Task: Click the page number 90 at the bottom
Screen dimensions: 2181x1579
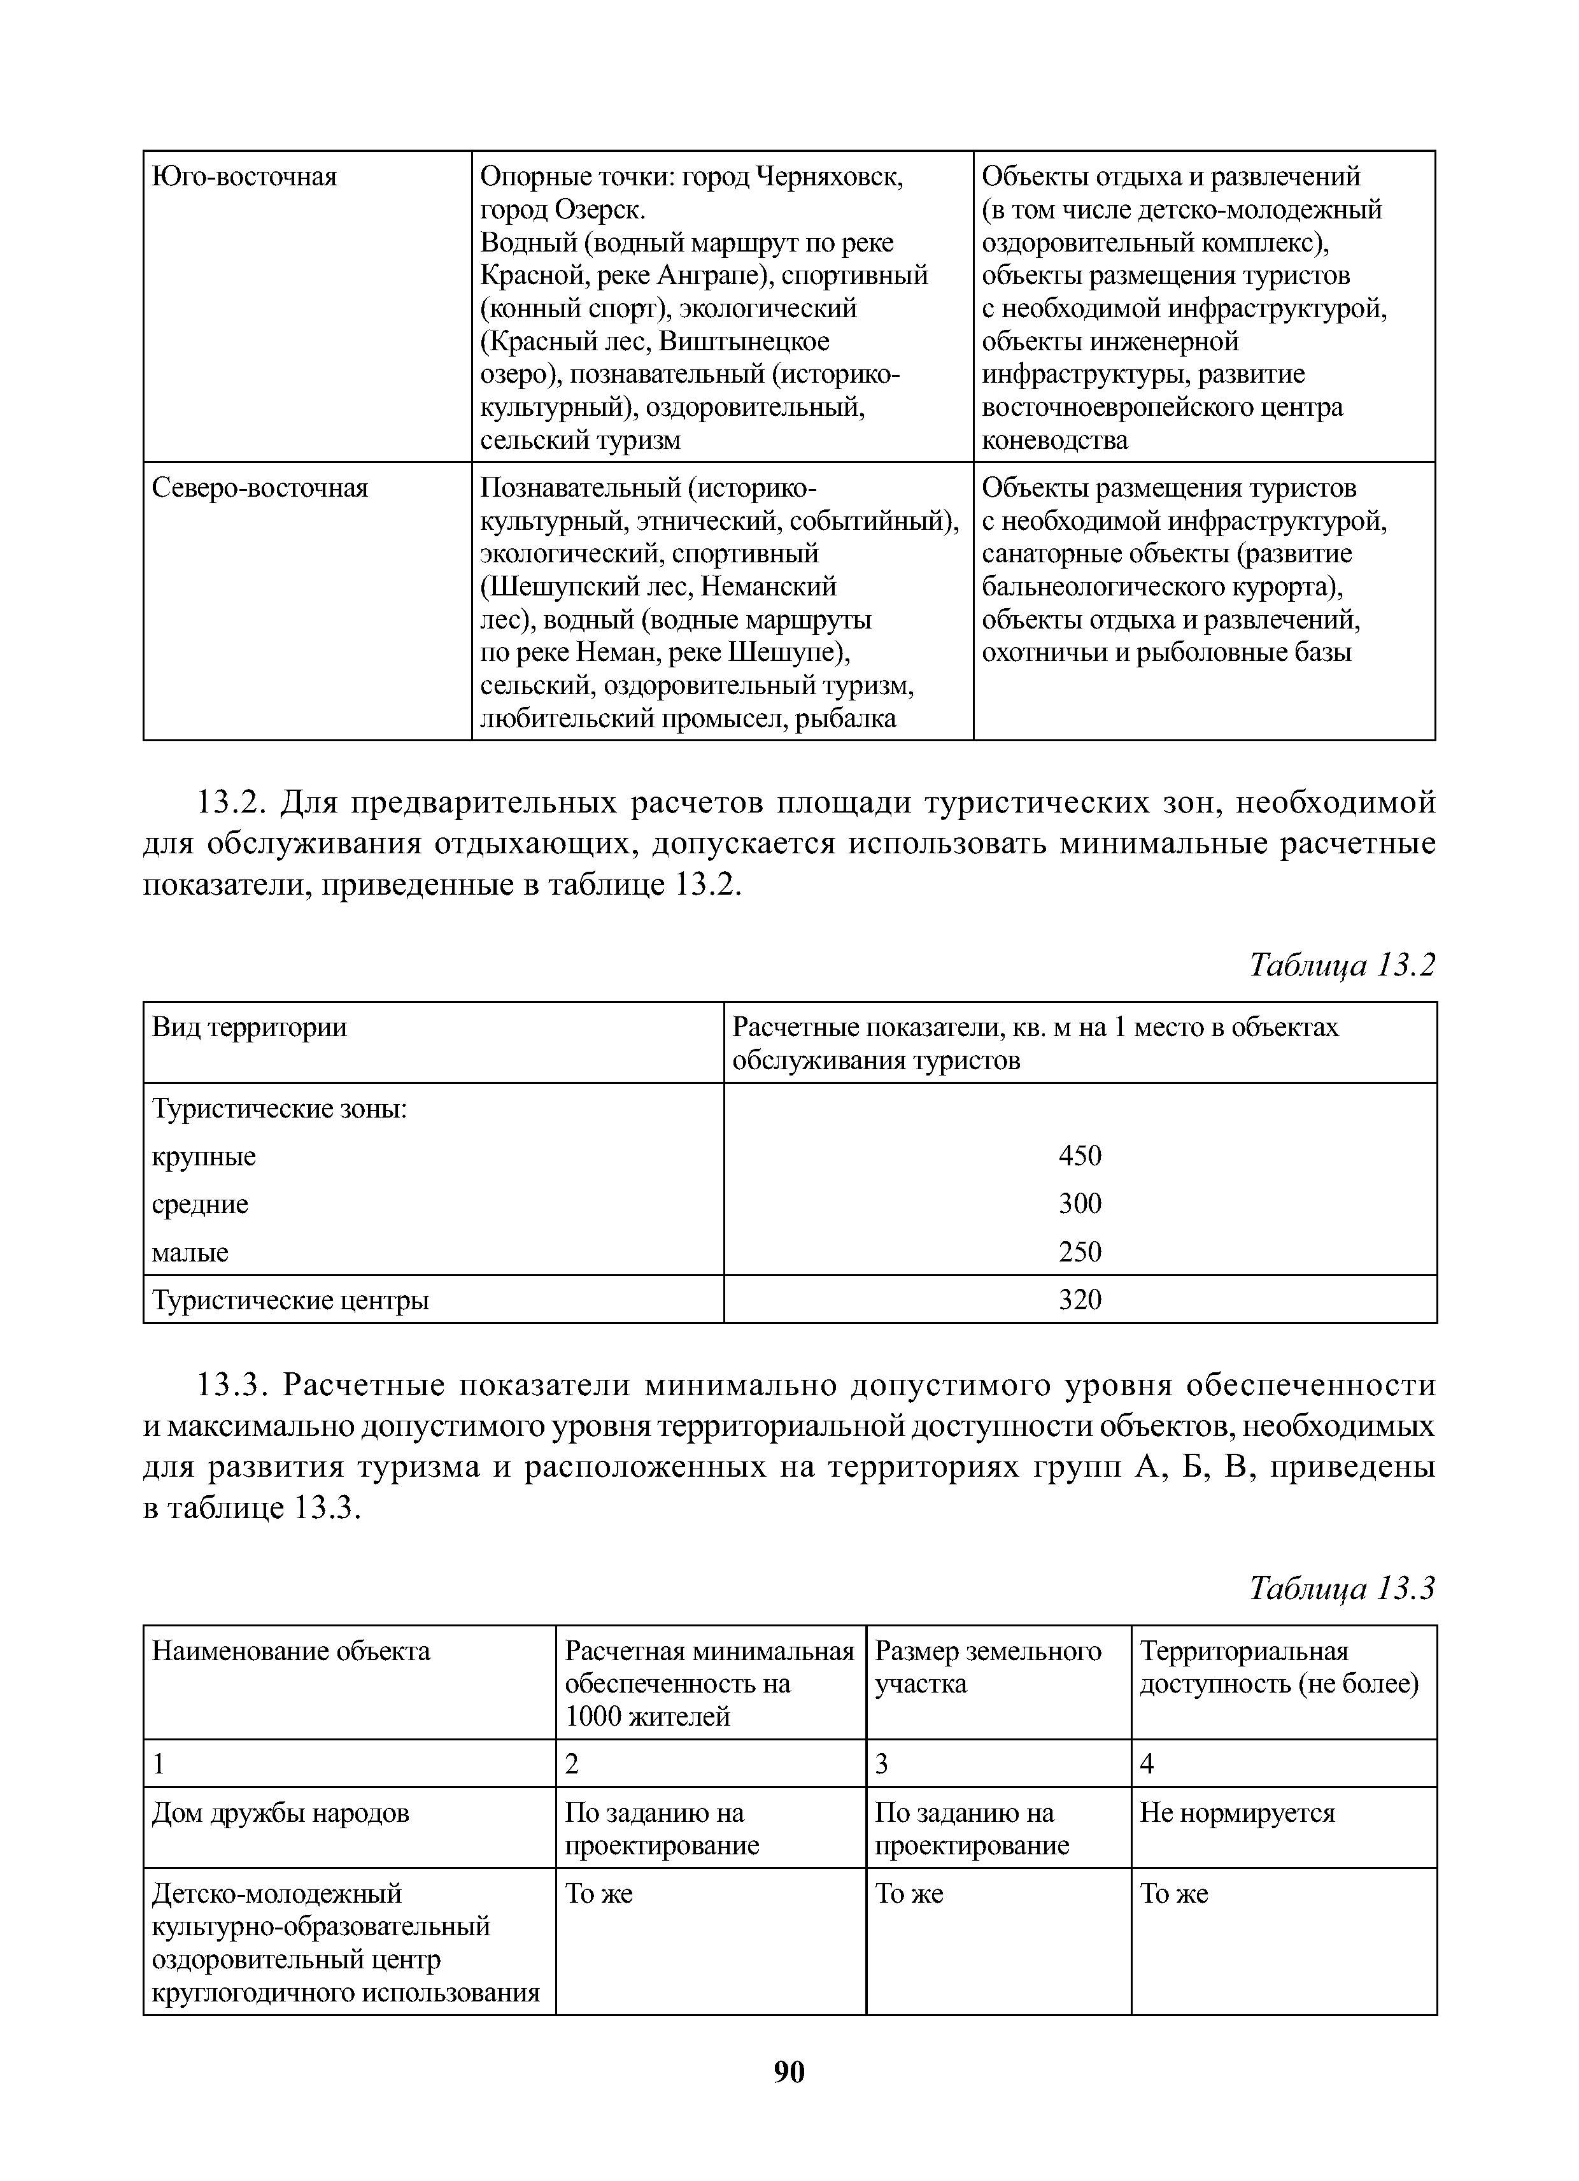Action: coord(788,2070)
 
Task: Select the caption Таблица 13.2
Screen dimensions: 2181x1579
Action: coord(1342,965)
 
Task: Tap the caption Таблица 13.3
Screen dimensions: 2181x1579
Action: coord(1342,1589)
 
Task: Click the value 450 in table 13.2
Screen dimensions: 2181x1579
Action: coord(1080,1155)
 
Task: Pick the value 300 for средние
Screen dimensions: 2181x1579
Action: coord(1080,1203)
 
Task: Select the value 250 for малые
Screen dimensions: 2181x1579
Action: coord(1080,1251)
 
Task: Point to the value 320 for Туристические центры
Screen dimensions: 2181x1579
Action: coord(1080,1299)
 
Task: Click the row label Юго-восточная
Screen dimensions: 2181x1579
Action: coord(245,177)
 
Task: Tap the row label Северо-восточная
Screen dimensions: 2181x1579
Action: coord(260,488)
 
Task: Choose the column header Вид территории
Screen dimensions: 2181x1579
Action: coord(250,1027)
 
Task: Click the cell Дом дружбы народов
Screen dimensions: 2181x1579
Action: coord(281,1813)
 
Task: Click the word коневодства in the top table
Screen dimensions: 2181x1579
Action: coord(1055,441)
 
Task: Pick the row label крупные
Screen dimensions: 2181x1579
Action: coord(204,1156)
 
